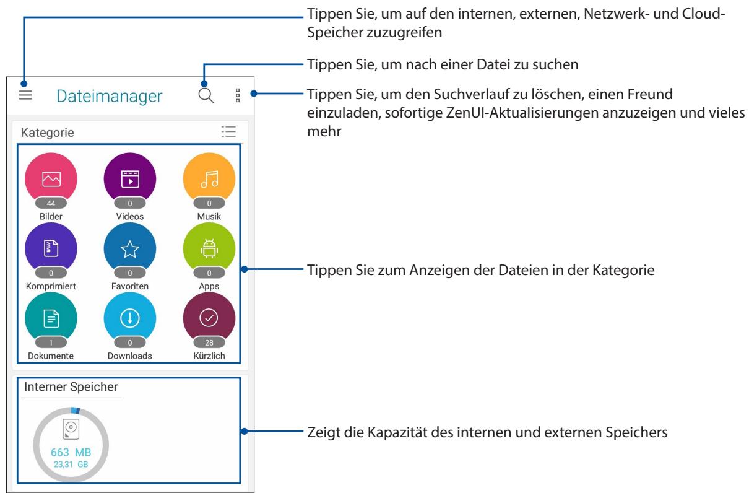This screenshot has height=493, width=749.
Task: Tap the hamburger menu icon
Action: [x=25, y=95]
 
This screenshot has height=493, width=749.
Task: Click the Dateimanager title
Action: [x=110, y=96]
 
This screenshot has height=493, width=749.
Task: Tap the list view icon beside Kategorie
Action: [x=228, y=132]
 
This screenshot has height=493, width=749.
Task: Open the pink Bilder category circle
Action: [x=51, y=178]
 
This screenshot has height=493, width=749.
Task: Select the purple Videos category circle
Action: [x=130, y=178]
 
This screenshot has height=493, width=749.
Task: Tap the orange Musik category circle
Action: [x=209, y=178]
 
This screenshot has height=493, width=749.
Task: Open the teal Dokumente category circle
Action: [x=51, y=318]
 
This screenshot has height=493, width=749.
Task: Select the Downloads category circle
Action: [x=130, y=318]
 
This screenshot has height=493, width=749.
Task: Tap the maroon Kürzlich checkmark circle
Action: [x=209, y=318]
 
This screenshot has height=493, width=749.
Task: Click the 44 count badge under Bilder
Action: [x=51, y=203]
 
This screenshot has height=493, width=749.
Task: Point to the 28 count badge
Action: [x=209, y=343]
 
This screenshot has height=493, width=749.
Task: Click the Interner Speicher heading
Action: [x=71, y=387]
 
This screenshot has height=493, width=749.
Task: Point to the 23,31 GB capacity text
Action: [x=71, y=463]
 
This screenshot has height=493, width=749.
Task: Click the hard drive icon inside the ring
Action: [x=71, y=429]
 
